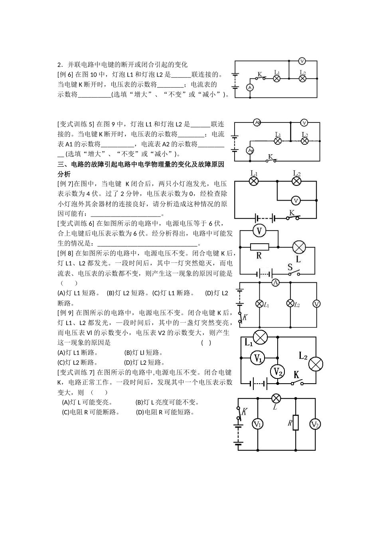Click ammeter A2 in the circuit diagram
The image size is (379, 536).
pos(257,122)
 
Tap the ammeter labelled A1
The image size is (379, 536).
pos(250,150)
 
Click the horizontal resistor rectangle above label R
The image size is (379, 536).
pos(259,246)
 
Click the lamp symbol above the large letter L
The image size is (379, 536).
pos(299,247)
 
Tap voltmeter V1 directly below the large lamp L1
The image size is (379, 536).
pos(258,358)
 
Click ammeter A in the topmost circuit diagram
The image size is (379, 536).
pos(250,87)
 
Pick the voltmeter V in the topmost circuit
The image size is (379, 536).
pos(302,61)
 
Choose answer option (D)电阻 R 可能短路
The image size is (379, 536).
pos(165,412)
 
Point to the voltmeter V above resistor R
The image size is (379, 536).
pos(259,231)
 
